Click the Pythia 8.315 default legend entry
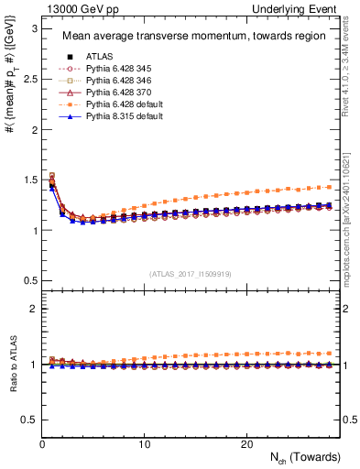118,118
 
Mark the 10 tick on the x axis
145,444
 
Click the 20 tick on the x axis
246,444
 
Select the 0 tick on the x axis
43,444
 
